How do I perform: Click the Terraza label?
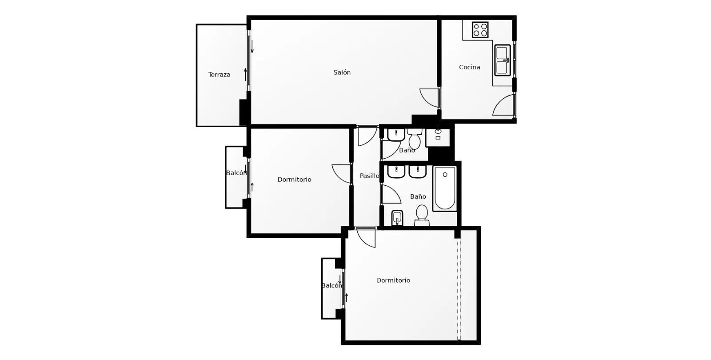point(219,75)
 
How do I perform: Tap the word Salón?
point(342,72)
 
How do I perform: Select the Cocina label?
point(469,67)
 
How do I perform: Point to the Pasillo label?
point(369,176)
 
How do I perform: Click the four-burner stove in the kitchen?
point(480,30)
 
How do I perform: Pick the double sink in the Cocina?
point(503,60)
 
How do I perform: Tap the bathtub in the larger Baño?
point(445,188)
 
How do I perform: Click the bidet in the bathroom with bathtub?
point(397,218)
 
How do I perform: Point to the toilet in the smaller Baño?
point(415,138)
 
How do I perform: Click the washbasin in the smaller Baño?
point(396,135)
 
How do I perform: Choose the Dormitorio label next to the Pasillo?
point(294,180)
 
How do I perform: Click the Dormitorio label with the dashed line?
point(393,280)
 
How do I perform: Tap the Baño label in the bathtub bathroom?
point(418,196)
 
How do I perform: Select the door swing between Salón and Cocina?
point(429,98)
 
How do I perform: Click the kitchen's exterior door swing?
point(503,104)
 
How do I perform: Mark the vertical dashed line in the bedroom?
point(459,289)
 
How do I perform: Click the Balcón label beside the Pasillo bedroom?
point(236,173)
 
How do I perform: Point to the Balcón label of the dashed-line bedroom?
point(332,286)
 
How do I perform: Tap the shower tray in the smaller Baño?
point(438,137)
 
